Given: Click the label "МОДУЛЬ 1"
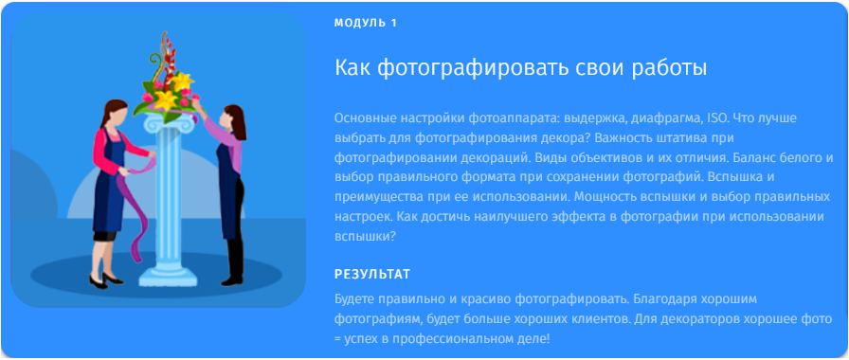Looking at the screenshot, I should [365, 22].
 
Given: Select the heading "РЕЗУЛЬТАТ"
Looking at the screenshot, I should [371, 275].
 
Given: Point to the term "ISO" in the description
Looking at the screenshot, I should [715, 118].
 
